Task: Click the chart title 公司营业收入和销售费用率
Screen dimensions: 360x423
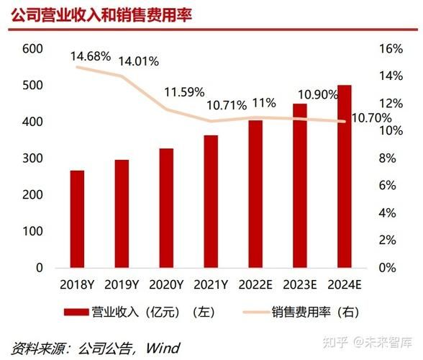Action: [101, 15]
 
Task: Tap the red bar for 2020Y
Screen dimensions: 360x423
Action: [166, 208]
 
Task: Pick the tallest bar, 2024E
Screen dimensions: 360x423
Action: [345, 176]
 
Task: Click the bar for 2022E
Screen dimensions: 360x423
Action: [255, 194]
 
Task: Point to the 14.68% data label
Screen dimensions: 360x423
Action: [91, 55]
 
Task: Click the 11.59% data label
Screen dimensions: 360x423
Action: [184, 93]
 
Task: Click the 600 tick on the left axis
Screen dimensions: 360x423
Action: [33, 49]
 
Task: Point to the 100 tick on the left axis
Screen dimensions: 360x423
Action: [33, 231]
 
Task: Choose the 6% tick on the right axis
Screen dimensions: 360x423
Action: [388, 186]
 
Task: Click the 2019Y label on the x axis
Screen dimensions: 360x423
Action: [122, 286]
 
